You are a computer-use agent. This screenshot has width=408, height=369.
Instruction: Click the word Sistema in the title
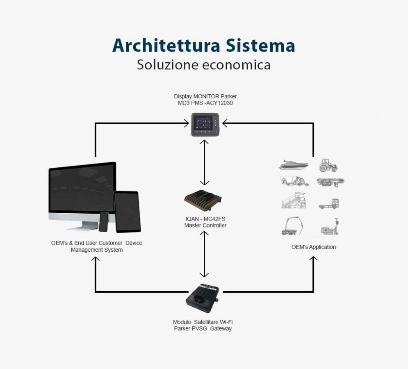260,45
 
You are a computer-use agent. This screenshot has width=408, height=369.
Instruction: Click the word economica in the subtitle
236,65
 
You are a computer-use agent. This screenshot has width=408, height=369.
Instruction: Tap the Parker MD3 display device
205,124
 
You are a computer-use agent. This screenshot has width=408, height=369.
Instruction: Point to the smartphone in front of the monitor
104,222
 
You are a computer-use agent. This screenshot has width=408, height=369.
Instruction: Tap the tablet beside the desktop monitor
127,212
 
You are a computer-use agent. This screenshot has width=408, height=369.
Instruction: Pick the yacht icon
293,165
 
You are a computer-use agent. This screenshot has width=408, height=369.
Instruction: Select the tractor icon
328,166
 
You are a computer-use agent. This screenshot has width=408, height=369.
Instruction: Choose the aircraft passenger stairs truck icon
294,200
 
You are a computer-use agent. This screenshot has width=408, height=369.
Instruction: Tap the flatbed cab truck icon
329,204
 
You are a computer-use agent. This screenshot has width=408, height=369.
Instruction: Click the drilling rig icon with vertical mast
330,226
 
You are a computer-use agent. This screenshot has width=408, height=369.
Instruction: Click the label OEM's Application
314,247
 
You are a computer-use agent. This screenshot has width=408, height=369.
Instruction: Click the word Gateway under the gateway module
221,328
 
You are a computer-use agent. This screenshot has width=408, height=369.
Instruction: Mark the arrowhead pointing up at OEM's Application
313,259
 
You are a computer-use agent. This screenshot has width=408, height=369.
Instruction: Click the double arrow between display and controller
204,162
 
